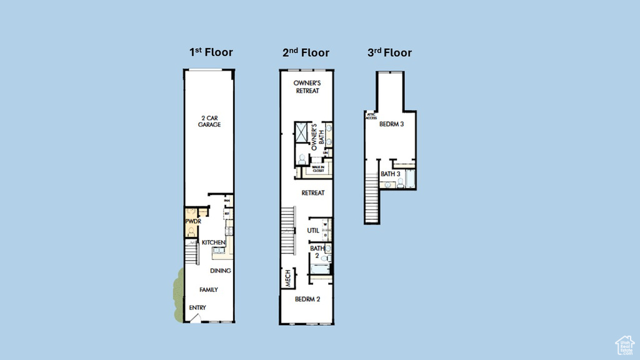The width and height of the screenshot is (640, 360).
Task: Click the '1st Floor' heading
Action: tap(211, 52)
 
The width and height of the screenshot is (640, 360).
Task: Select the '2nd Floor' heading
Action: tap(305, 52)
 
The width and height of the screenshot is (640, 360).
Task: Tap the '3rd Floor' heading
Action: tap(389, 52)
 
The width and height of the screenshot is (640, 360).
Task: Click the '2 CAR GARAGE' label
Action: tap(210, 121)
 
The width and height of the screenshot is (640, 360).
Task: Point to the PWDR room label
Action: tap(192, 222)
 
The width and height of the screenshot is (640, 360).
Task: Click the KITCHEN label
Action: tap(213, 242)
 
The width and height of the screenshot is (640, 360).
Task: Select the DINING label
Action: tap(220, 271)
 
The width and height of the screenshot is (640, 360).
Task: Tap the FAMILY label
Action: tap(209, 289)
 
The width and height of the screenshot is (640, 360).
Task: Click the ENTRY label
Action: tap(197, 307)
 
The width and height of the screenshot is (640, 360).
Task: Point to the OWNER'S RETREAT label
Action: tap(307, 87)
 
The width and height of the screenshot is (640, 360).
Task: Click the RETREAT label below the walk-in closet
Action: tap(312, 193)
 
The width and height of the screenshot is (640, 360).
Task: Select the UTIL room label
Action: tap(313, 231)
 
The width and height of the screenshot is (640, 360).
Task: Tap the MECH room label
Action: tap(288, 279)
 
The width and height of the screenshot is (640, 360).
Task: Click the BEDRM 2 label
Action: tap(307, 299)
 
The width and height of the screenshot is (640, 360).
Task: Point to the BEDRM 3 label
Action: tap(391, 124)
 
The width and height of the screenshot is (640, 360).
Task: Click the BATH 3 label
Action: tap(391, 174)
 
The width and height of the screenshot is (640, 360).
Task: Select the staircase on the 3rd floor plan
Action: tap(372, 198)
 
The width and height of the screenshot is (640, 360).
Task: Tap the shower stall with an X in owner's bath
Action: tap(304, 133)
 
